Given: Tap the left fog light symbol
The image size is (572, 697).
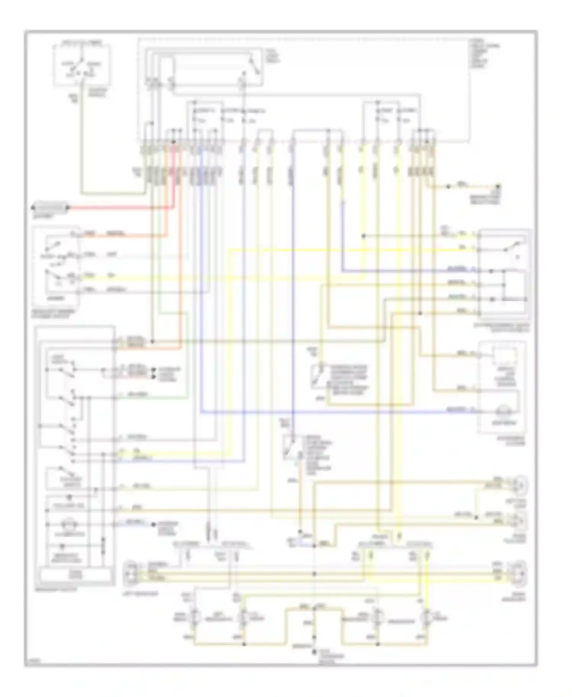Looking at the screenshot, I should click(521, 485).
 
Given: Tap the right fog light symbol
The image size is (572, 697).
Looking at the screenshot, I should click(521, 520).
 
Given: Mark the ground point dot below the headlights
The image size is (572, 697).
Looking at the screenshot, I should click(315, 652).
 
